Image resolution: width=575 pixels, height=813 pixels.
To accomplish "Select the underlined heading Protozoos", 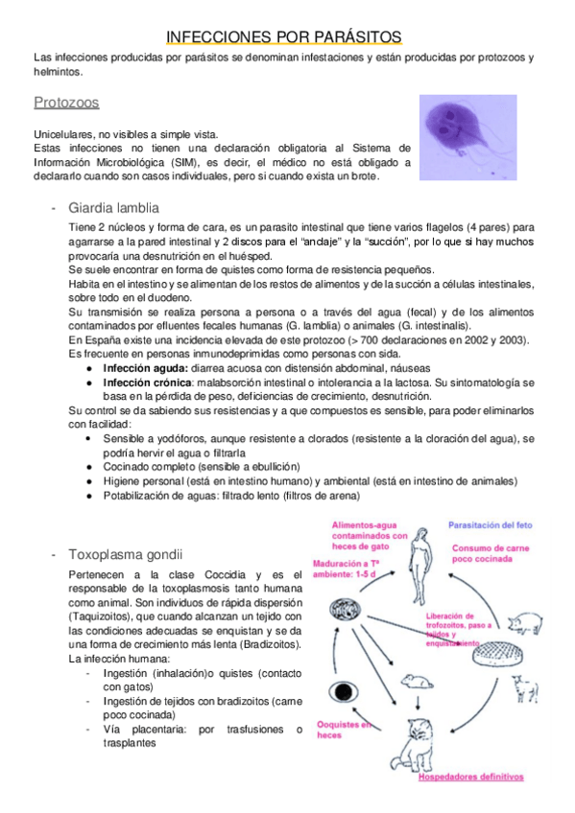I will [66, 102].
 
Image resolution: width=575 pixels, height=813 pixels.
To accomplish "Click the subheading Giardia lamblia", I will [113, 208].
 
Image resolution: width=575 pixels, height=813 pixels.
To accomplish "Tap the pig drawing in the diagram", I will [521, 622].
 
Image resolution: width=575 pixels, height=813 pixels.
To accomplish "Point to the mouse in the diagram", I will [416, 680].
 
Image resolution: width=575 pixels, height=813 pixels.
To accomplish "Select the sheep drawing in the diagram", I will [524, 686].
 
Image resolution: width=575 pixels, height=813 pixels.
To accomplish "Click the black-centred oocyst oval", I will [344, 690].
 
